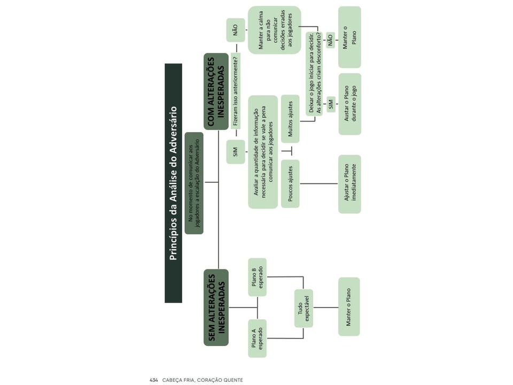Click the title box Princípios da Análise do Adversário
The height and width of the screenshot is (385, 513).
click(x=173, y=183)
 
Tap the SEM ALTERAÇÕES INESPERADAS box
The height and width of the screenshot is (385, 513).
click(x=216, y=307)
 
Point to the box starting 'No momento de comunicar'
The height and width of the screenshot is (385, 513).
click(x=194, y=183)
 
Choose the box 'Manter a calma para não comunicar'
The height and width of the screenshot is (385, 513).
click(x=275, y=30)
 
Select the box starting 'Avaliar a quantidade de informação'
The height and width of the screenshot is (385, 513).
click(x=263, y=152)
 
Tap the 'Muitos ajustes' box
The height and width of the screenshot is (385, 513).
click(x=290, y=119)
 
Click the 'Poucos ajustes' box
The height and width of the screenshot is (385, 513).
click(x=290, y=183)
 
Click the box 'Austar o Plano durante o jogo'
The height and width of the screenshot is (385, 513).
click(x=349, y=104)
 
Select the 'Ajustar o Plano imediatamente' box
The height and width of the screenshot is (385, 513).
click(x=349, y=184)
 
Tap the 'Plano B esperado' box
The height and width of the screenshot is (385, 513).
click(x=258, y=277)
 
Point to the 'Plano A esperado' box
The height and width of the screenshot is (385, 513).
click(x=258, y=338)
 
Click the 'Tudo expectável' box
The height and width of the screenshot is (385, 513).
click(x=304, y=308)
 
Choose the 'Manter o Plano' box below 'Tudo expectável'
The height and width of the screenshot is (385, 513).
click(x=349, y=307)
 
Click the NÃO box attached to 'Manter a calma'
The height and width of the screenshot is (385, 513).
click(x=236, y=30)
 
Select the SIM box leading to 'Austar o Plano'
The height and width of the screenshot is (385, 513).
click(x=331, y=104)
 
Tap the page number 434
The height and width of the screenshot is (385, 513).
click(x=153, y=380)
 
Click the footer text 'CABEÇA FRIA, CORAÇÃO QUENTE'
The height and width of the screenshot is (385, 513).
click(x=203, y=380)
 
